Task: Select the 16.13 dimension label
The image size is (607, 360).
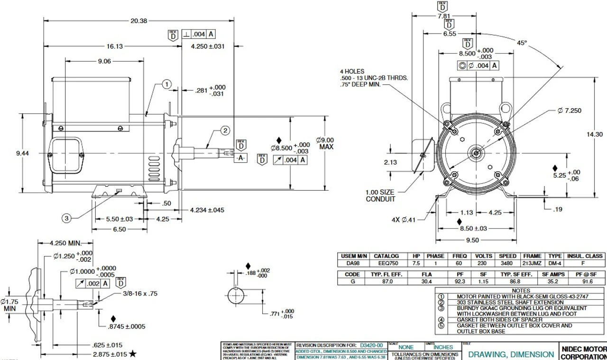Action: (x=112, y=46)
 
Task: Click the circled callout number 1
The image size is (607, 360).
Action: (x=166, y=84)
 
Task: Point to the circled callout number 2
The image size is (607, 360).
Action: (x=225, y=130)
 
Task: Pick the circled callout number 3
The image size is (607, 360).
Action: (x=67, y=218)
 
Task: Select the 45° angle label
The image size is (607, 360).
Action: (x=522, y=43)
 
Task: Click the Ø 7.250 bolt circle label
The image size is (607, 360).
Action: (x=576, y=111)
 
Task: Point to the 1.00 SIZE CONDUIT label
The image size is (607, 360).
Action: (x=380, y=195)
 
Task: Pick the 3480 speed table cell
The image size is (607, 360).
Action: (x=507, y=263)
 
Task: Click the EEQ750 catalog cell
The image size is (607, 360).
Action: (x=386, y=263)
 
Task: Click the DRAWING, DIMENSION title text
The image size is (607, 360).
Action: (x=511, y=354)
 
